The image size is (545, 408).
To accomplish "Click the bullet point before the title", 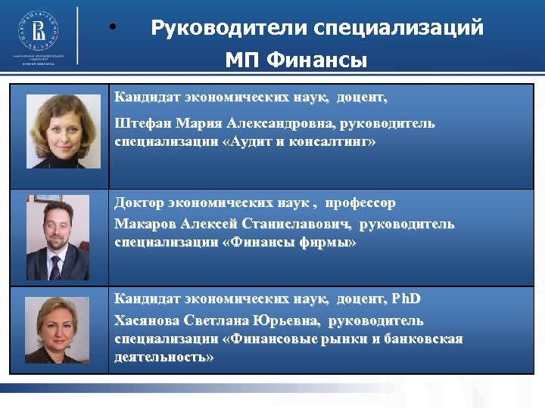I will click(112, 29).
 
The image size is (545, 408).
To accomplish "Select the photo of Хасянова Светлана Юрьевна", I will click(58, 331).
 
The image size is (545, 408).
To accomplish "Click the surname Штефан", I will click(142, 123).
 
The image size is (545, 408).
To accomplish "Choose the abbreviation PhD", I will click(406, 300).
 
